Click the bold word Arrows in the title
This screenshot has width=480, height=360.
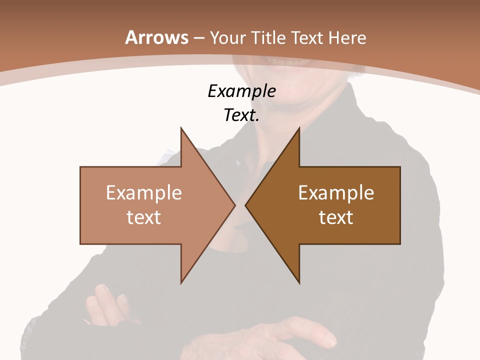pos(156,37)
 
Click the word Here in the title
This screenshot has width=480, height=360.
pos(348,38)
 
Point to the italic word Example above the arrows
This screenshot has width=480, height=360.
pos(241,91)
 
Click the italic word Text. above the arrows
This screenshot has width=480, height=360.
pos(241,115)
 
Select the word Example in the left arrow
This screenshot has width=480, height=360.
pos(144,193)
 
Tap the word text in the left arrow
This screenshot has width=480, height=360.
pos(144,217)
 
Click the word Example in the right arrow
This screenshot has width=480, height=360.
pos(336,193)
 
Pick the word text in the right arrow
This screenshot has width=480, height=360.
pos(336,217)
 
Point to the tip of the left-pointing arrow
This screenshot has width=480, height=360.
pos(246,205)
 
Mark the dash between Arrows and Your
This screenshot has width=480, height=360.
pos(198,38)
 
